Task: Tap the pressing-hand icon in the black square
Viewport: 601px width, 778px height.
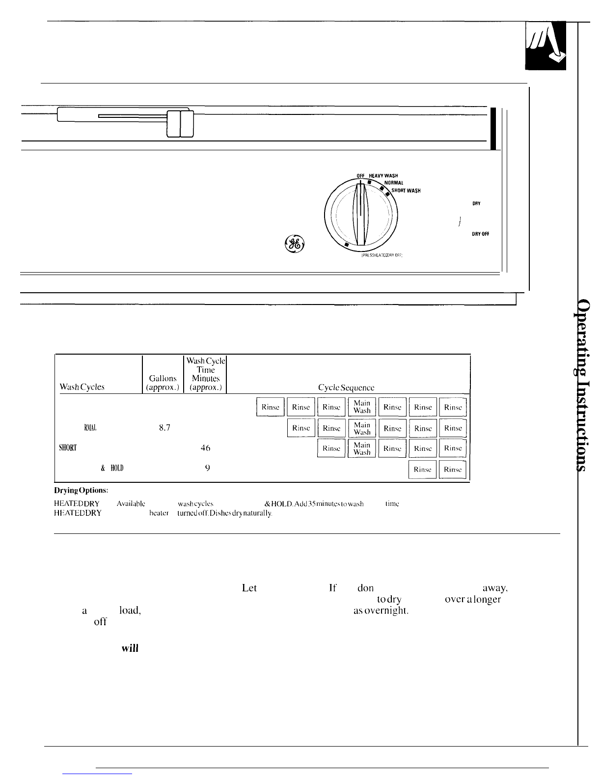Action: tap(545, 46)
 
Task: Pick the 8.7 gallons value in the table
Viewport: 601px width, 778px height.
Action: tap(164, 428)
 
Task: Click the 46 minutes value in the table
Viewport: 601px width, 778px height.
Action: tap(206, 448)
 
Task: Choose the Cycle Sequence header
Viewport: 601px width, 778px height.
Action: tap(346, 387)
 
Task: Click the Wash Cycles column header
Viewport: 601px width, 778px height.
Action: tap(82, 387)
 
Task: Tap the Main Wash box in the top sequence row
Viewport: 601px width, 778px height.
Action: tap(362, 407)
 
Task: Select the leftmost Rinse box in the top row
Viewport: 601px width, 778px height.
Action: tap(270, 407)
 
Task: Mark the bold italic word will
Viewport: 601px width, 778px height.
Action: tap(130, 648)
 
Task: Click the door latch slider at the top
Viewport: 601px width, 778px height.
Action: tap(180, 123)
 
